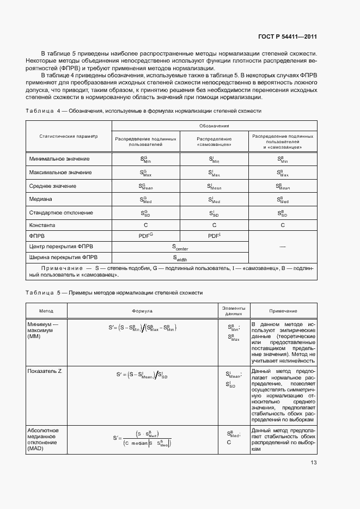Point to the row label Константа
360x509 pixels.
(x=43, y=225)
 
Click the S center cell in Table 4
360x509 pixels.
(x=180, y=248)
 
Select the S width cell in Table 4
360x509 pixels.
(x=180, y=258)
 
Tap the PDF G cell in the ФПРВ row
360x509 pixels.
(x=145, y=236)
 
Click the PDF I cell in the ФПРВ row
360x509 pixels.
(x=213, y=236)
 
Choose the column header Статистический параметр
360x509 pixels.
(x=69, y=136)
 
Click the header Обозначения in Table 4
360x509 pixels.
(x=214, y=126)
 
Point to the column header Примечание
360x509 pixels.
(x=283, y=310)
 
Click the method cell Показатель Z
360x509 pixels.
(x=44, y=371)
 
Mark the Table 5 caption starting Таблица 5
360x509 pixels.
(x=114, y=293)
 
